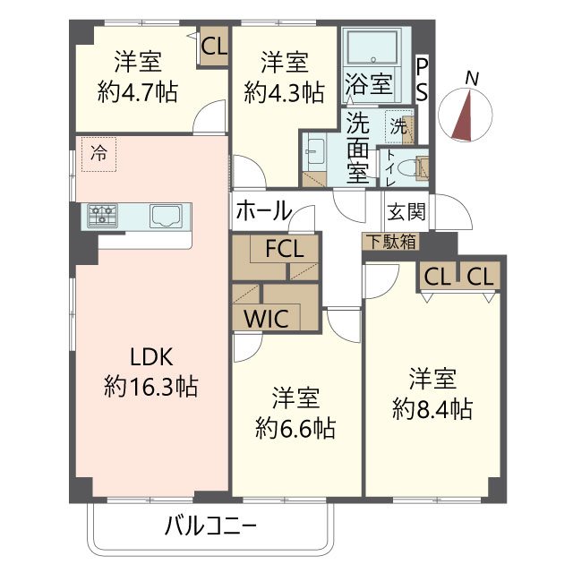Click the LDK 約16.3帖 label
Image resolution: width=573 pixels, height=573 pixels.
click(x=150, y=372)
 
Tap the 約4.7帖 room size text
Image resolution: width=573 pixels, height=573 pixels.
click(x=137, y=91)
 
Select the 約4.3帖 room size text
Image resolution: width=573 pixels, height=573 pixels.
click(x=284, y=91)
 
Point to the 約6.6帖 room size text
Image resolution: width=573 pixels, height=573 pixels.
click(x=295, y=427)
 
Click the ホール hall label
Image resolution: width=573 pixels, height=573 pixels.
click(x=263, y=211)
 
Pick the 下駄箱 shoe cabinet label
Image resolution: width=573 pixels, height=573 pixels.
click(x=389, y=241)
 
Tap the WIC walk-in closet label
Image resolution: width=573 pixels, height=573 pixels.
click(x=262, y=319)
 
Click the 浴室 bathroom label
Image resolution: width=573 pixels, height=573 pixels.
click(x=368, y=85)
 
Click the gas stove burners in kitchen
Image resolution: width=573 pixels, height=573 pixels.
click(x=104, y=215)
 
